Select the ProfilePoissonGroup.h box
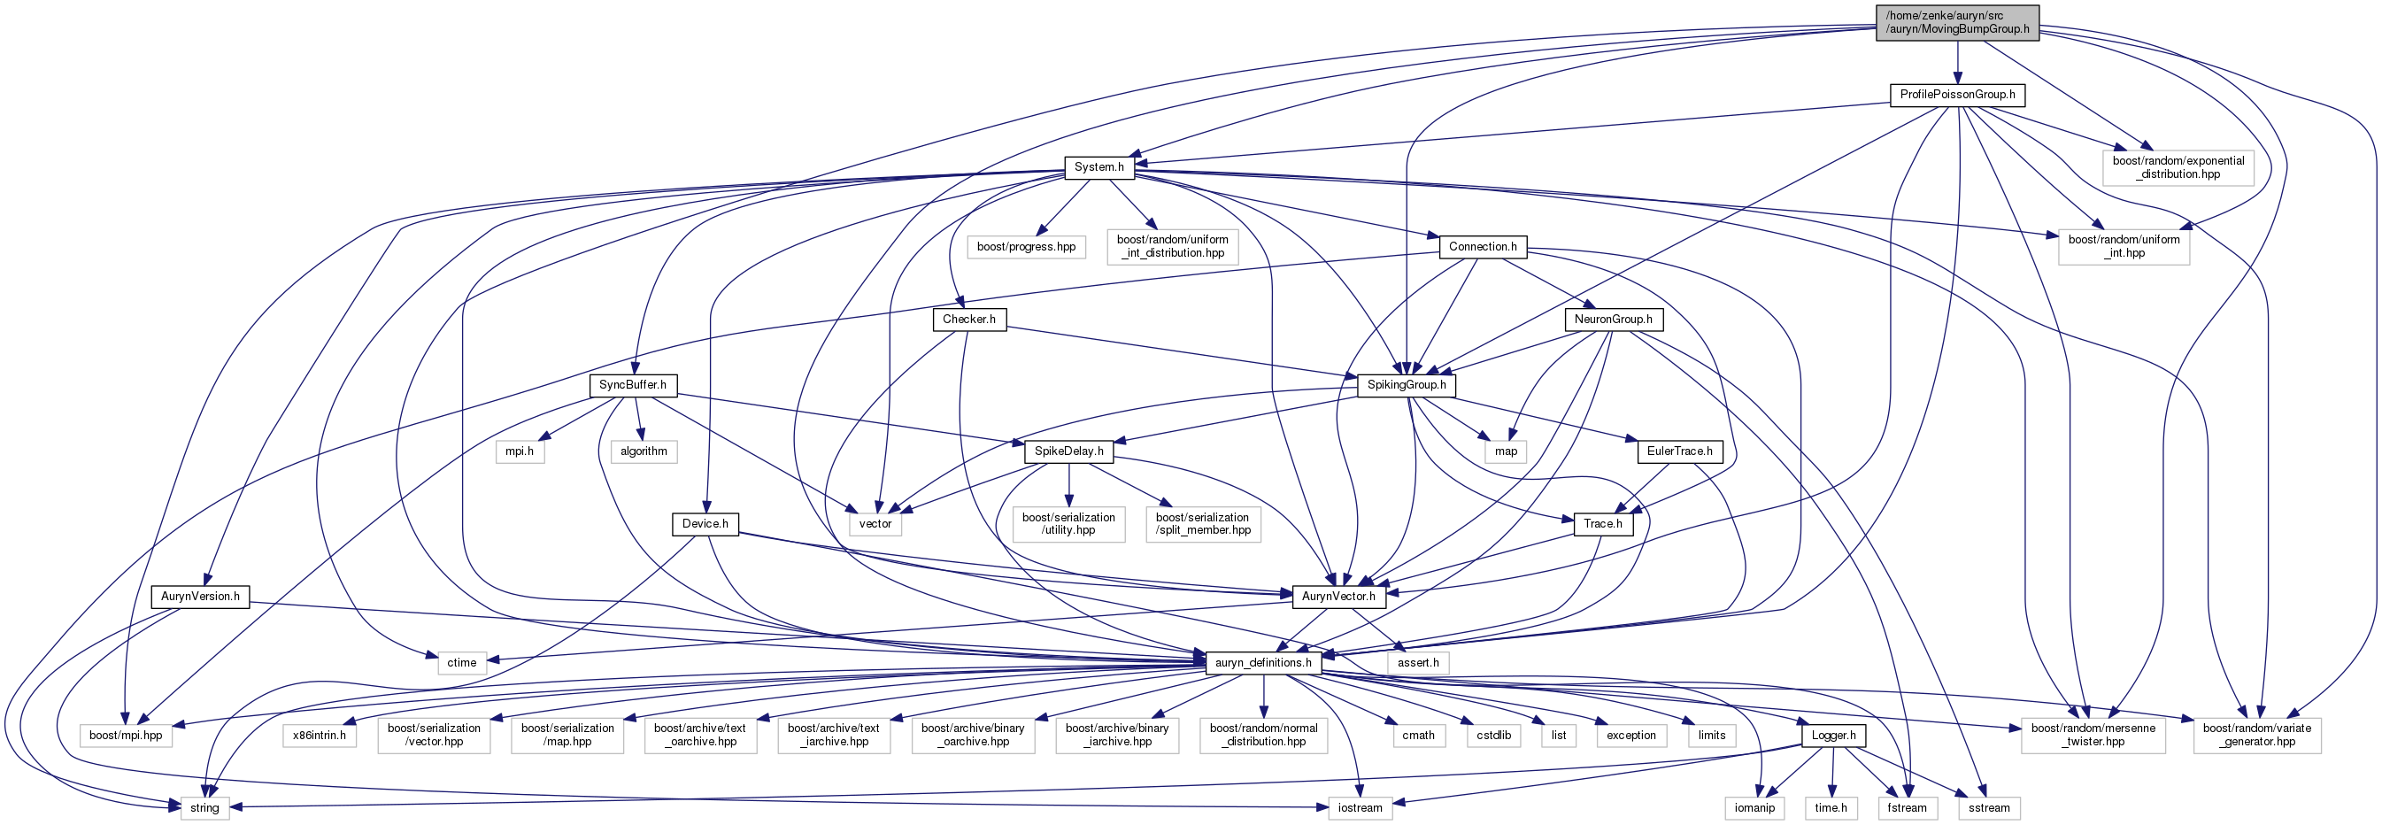click(1958, 95)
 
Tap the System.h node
click(1098, 167)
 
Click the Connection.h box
click(1483, 247)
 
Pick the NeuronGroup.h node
click(1613, 319)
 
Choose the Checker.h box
click(969, 319)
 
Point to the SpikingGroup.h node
click(1407, 385)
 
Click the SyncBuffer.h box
click(633, 385)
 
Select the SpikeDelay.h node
click(1069, 451)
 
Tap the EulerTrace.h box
click(1679, 451)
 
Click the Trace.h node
click(1602, 523)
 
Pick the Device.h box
click(705, 523)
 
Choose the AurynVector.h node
click(1338, 597)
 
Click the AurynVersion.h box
click(200, 597)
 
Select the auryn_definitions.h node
click(1263, 662)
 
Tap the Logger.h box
click(1832, 736)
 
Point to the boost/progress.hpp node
click(1027, 247)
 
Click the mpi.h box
click(520, 451)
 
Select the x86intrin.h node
click(319, 736)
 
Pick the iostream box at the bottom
click(1361, 807)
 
